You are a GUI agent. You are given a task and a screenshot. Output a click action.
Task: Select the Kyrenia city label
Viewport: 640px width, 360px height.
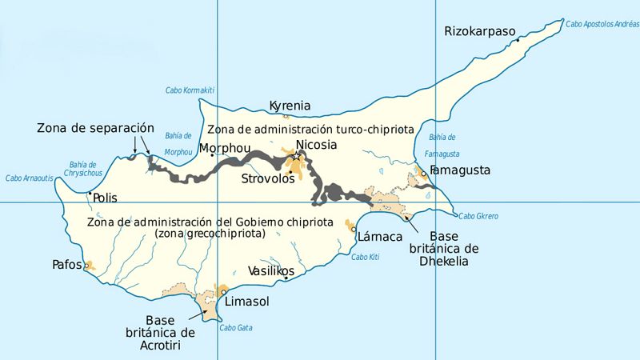[290, 106]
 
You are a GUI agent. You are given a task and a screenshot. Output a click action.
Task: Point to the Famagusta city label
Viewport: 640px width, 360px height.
[460, 170]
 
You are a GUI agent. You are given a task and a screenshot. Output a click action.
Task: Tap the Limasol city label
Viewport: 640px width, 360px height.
[248, 302]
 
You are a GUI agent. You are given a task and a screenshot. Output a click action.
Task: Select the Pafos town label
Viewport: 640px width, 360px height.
[66, 263]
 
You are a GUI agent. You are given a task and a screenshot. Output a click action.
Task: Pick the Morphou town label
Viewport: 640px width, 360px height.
[225, 148]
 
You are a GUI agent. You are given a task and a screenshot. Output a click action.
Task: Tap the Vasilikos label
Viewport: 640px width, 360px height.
[271, 271]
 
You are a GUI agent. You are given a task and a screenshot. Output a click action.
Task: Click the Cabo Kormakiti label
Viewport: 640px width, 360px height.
[190, 90]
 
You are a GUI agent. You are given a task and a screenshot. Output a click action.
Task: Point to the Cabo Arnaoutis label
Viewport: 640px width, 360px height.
[30, 178]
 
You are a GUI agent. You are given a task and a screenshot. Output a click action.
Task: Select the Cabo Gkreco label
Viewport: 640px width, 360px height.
[478, 216]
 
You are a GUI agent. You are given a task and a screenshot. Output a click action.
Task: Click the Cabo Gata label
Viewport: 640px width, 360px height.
[236, 327]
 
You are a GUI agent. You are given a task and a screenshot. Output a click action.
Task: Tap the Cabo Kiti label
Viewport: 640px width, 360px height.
[364, 257]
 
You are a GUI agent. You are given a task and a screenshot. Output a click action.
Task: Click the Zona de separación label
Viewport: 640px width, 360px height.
[94, 128]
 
